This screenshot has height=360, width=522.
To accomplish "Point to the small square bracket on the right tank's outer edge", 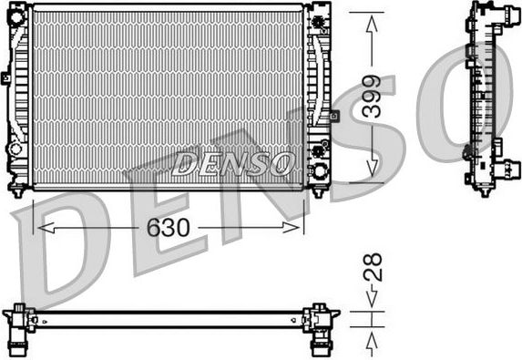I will pyautogui.click(x=334, y=116).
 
